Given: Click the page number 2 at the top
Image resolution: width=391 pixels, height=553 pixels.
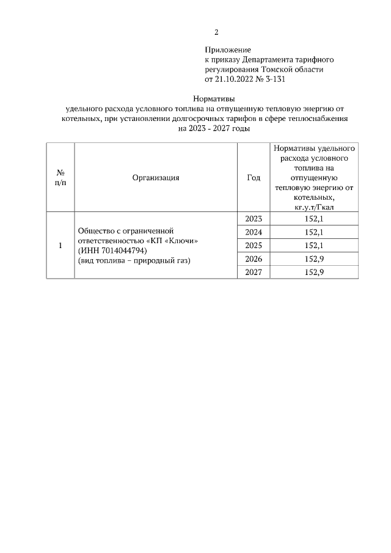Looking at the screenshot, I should pos(216,32).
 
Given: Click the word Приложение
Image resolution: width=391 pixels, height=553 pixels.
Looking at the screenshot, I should pos(227,49).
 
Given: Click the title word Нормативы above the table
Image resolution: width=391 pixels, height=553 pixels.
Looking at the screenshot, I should pos(214,98).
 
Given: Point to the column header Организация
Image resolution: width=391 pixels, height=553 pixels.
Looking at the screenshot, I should pos(155,178).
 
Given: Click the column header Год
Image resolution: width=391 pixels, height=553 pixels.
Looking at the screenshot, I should pos(253,178).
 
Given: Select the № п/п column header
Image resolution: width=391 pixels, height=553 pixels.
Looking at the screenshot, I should pos(60,178).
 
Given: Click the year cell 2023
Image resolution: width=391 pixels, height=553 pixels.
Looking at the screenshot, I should pos(253,219).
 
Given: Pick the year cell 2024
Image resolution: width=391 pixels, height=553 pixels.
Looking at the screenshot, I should pos(253,232).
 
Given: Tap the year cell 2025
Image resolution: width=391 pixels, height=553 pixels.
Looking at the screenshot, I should pos(253,246).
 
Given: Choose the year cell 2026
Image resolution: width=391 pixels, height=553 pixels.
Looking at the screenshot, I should pos(253,259).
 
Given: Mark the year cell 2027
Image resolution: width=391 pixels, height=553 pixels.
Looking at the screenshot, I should pos(253,273).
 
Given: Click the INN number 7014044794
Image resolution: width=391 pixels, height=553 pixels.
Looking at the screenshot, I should pos(122,251).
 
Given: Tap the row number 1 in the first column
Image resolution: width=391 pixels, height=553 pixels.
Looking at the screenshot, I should pos(60,246).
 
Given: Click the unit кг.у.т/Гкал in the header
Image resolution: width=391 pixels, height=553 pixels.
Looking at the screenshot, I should pos(313,208).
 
